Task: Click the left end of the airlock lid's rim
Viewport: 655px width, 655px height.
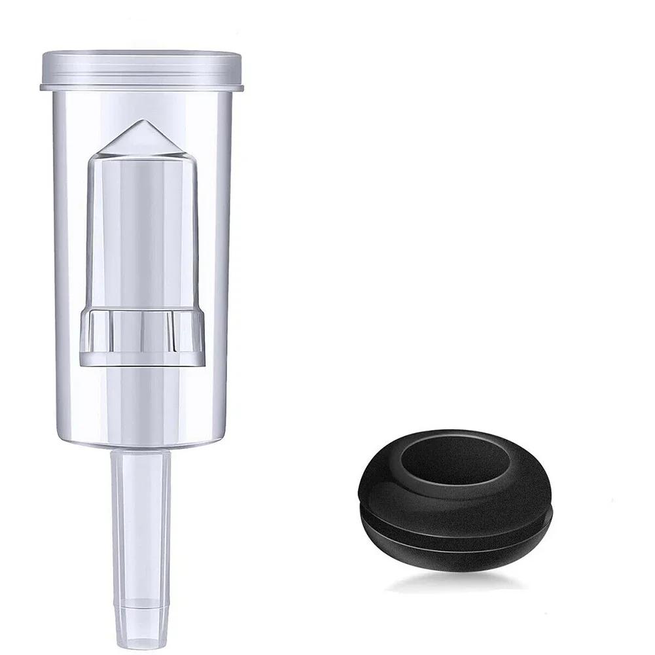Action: (43, 86)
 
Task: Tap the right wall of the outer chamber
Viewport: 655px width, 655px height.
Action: (226, 262)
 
